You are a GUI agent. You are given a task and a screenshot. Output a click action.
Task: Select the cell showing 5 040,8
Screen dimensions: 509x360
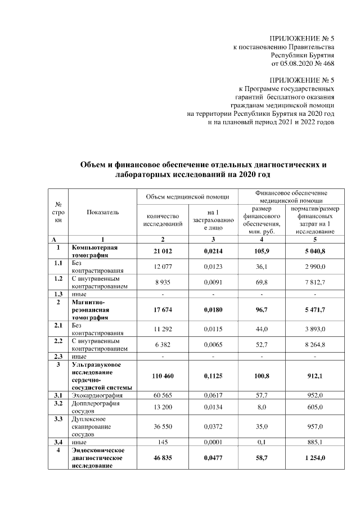[314, 250]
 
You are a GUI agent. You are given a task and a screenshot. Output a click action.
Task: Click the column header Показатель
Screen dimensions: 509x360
[103, 212]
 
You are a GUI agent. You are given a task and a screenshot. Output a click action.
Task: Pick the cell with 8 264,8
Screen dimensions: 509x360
[314, 345]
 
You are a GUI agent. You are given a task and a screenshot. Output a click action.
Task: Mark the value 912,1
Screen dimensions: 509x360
[314, 375]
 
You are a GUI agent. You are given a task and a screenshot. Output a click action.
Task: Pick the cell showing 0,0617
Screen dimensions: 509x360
[211, 396]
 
